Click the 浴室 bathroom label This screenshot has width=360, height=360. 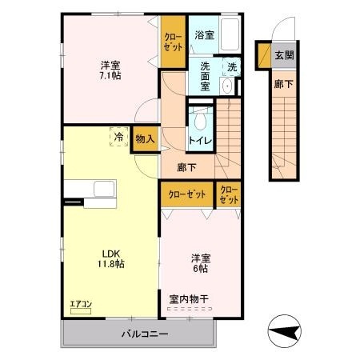pos(204,35)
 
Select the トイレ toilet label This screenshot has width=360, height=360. pos(198,140)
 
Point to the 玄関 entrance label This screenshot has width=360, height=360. pos(283,55)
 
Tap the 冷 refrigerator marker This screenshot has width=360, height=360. pos(118,137)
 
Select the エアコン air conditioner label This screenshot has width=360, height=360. pos(81,303)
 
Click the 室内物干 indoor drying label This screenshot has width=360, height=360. pos(189,299)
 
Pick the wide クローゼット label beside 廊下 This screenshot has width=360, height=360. pos(186,194)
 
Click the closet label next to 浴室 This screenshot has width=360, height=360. pos(173,42)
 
